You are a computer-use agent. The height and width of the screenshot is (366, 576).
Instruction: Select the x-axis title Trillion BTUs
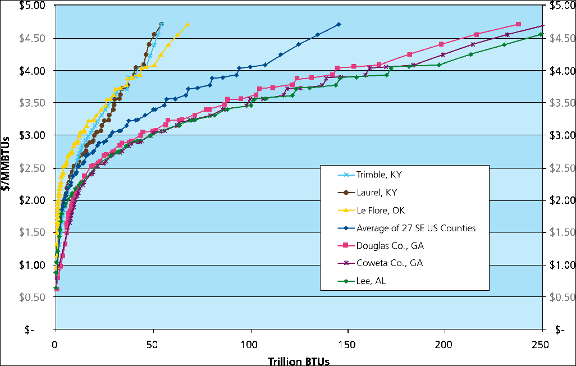pos(299,360)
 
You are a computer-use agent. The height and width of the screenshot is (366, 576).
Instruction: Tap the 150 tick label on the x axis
pos(348,343)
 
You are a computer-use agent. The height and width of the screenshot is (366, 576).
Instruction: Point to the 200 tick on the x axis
pos(445,343)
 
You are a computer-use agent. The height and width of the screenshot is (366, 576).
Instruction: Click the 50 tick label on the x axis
pos(153,343)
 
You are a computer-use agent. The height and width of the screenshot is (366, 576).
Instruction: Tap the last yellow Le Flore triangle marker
pos(188,25)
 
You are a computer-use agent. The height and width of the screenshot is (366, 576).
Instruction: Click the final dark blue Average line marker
pos(339,25)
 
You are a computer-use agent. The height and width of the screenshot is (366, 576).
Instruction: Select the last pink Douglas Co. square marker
pos(518,25)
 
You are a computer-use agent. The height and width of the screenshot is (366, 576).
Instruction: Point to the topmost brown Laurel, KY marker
pos(161,25)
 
